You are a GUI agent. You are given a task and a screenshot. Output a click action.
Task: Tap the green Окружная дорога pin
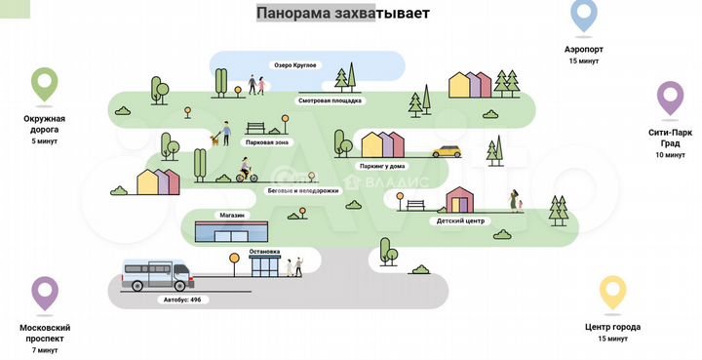point(44,85)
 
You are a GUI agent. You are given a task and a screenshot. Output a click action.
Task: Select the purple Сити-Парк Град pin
point(669,99)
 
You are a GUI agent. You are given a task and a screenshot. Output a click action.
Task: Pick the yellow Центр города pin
point(612,294)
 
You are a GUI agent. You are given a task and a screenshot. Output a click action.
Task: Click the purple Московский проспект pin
point(45,293)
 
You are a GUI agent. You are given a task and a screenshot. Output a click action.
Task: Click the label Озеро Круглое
point(293,65)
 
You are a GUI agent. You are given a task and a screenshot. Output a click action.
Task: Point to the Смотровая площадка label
point(330,100)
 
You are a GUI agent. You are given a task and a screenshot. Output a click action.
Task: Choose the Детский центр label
point(459,220)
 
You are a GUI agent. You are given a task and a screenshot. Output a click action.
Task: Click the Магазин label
point(230,215)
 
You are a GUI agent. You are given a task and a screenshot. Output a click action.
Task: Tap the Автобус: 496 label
point(180,299)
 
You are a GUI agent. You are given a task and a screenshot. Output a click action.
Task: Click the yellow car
point(447,151)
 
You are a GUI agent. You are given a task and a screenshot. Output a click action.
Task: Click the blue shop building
point(232,233)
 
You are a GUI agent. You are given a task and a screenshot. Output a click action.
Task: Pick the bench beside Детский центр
point(416,204)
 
